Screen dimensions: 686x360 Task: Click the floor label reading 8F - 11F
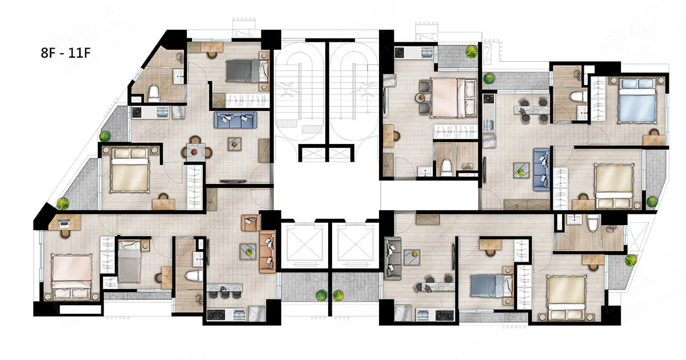click(x=66, y=53)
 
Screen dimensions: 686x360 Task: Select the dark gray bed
click(x=247, y=71)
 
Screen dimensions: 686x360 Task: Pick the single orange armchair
click(x=251, y=222)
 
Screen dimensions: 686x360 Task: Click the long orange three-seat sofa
click(x=268, y=251)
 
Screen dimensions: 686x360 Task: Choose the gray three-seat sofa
click(x=392, y=258)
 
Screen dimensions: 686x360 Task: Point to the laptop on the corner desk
click(x=64, y=224)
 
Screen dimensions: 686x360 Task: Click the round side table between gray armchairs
click(x=420, y=98)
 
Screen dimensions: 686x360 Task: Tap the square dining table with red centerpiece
click(x=196, y=152)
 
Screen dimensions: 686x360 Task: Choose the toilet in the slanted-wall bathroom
click(x=154, y=94)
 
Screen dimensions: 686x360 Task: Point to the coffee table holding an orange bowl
click(x=234, y=144)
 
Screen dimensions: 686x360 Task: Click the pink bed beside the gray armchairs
click(x=453, y=98)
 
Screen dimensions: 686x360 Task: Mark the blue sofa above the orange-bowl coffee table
click(x=235, y=119)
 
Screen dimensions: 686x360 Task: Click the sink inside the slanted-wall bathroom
click(x=179, y=76)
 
